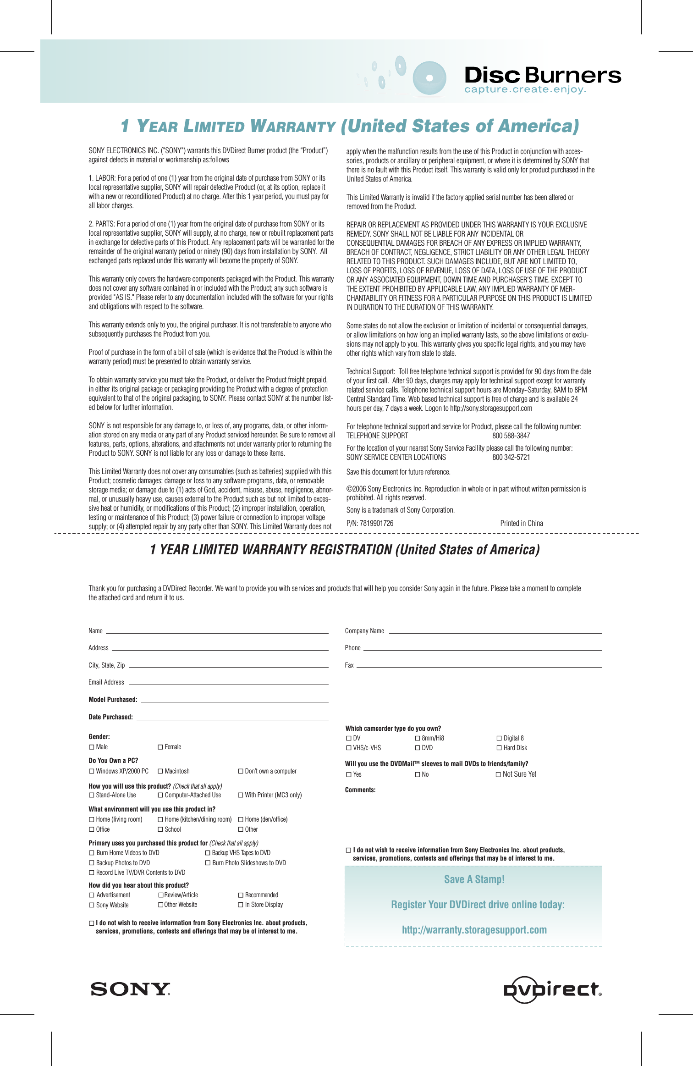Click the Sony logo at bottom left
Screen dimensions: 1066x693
130,989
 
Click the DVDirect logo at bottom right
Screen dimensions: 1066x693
552,990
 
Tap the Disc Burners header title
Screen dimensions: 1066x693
543,75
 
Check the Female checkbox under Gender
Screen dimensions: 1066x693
160,747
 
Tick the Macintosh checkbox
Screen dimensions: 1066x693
160,772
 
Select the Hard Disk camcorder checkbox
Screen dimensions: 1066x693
499,748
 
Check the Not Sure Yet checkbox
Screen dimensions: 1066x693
498,775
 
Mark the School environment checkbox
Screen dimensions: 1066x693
160,830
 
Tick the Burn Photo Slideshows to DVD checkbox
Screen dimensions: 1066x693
208,863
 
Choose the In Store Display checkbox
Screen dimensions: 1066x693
241,905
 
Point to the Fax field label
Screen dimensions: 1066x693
349,665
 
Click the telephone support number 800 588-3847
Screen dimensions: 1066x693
511,436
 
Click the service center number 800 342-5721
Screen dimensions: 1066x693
511,457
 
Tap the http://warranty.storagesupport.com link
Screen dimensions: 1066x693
474,930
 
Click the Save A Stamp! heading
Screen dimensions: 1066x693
474,879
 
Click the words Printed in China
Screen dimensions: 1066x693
522,523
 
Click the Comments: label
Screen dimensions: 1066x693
360,790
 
